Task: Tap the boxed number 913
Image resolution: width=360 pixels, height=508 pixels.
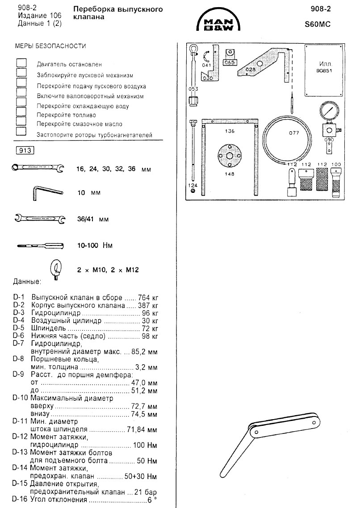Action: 25,150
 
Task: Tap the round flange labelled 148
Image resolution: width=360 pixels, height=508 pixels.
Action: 229,156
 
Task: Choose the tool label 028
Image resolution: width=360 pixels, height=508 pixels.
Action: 251,69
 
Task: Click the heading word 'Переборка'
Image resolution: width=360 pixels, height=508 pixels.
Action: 90,9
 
